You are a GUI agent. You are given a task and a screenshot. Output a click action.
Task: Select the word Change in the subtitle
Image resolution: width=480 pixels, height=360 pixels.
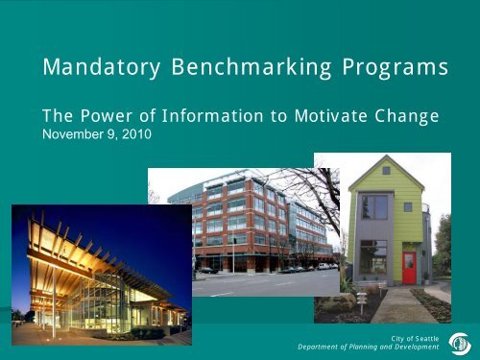pos(407,117)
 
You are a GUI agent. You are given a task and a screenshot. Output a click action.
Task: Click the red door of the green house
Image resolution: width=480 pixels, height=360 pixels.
pos(408,268)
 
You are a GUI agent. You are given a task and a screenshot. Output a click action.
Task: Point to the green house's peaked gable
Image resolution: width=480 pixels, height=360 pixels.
pos(382,171)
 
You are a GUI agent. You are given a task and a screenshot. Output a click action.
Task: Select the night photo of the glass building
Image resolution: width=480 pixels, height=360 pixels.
pos(101,274)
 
